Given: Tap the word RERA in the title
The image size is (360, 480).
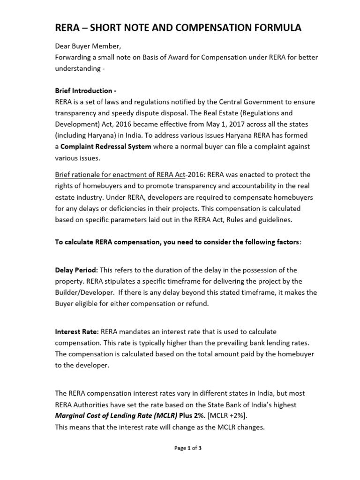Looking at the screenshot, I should tap(68, 28).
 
